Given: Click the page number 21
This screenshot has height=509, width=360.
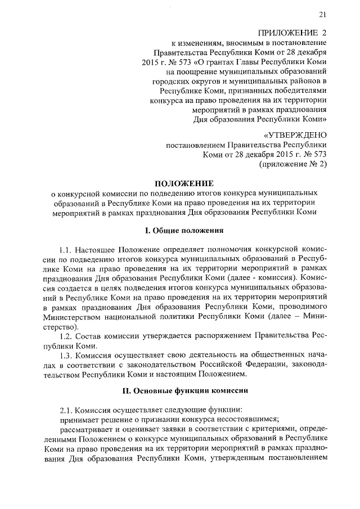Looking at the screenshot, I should (322, 15).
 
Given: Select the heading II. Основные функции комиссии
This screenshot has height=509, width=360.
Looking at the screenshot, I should (184, 390).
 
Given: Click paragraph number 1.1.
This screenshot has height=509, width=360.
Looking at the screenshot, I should (67, 249).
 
